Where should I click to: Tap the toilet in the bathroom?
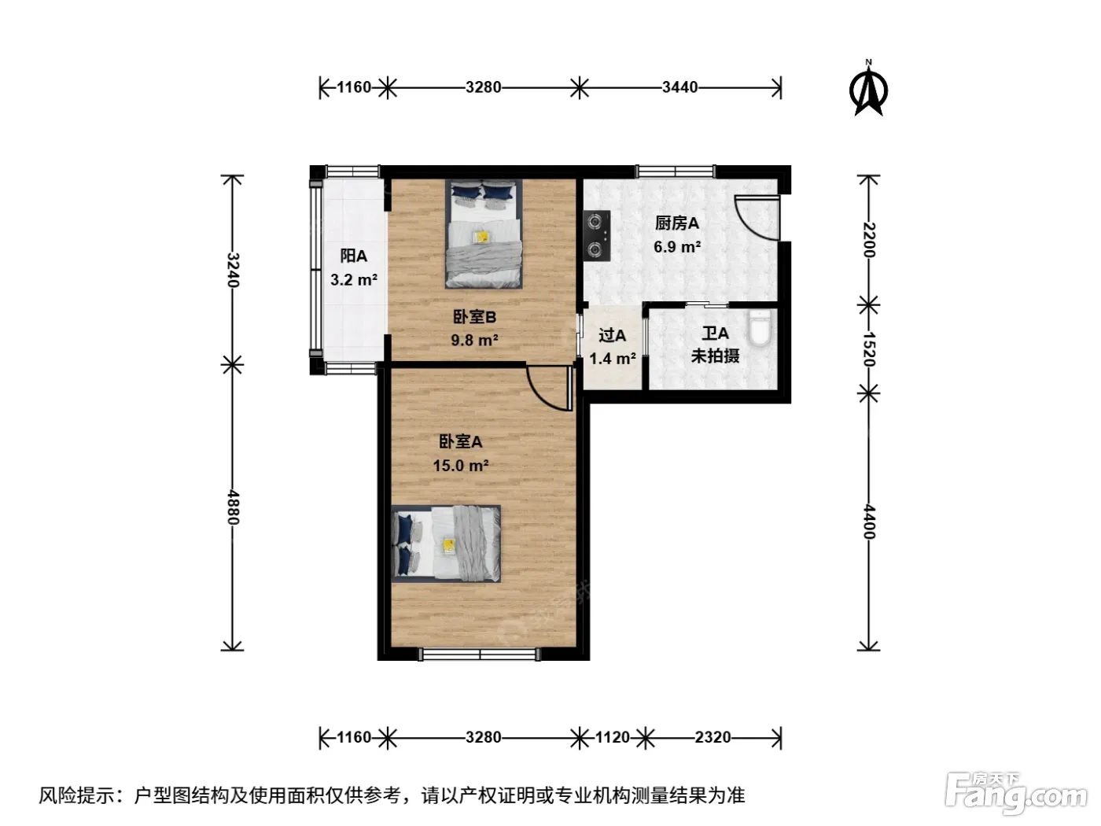(760, 328)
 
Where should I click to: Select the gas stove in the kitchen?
(596, 235)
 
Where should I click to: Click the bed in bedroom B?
(484, 234)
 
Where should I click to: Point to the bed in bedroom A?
(446, 544)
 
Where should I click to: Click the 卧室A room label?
(461, 442)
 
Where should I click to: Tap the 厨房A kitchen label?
(676, 223)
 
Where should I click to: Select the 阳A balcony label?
(353, 256)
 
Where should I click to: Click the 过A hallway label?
(612, 335)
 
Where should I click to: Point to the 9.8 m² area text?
(474, 340)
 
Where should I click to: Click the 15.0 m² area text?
(461, 466)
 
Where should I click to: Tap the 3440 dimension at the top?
(679, 87)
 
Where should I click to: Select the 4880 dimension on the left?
(233, 507)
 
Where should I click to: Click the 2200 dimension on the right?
(869, 240)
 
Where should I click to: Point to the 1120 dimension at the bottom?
(612, 737)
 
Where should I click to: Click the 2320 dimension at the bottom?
(713, 737)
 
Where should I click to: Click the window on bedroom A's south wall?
(480, 654)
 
